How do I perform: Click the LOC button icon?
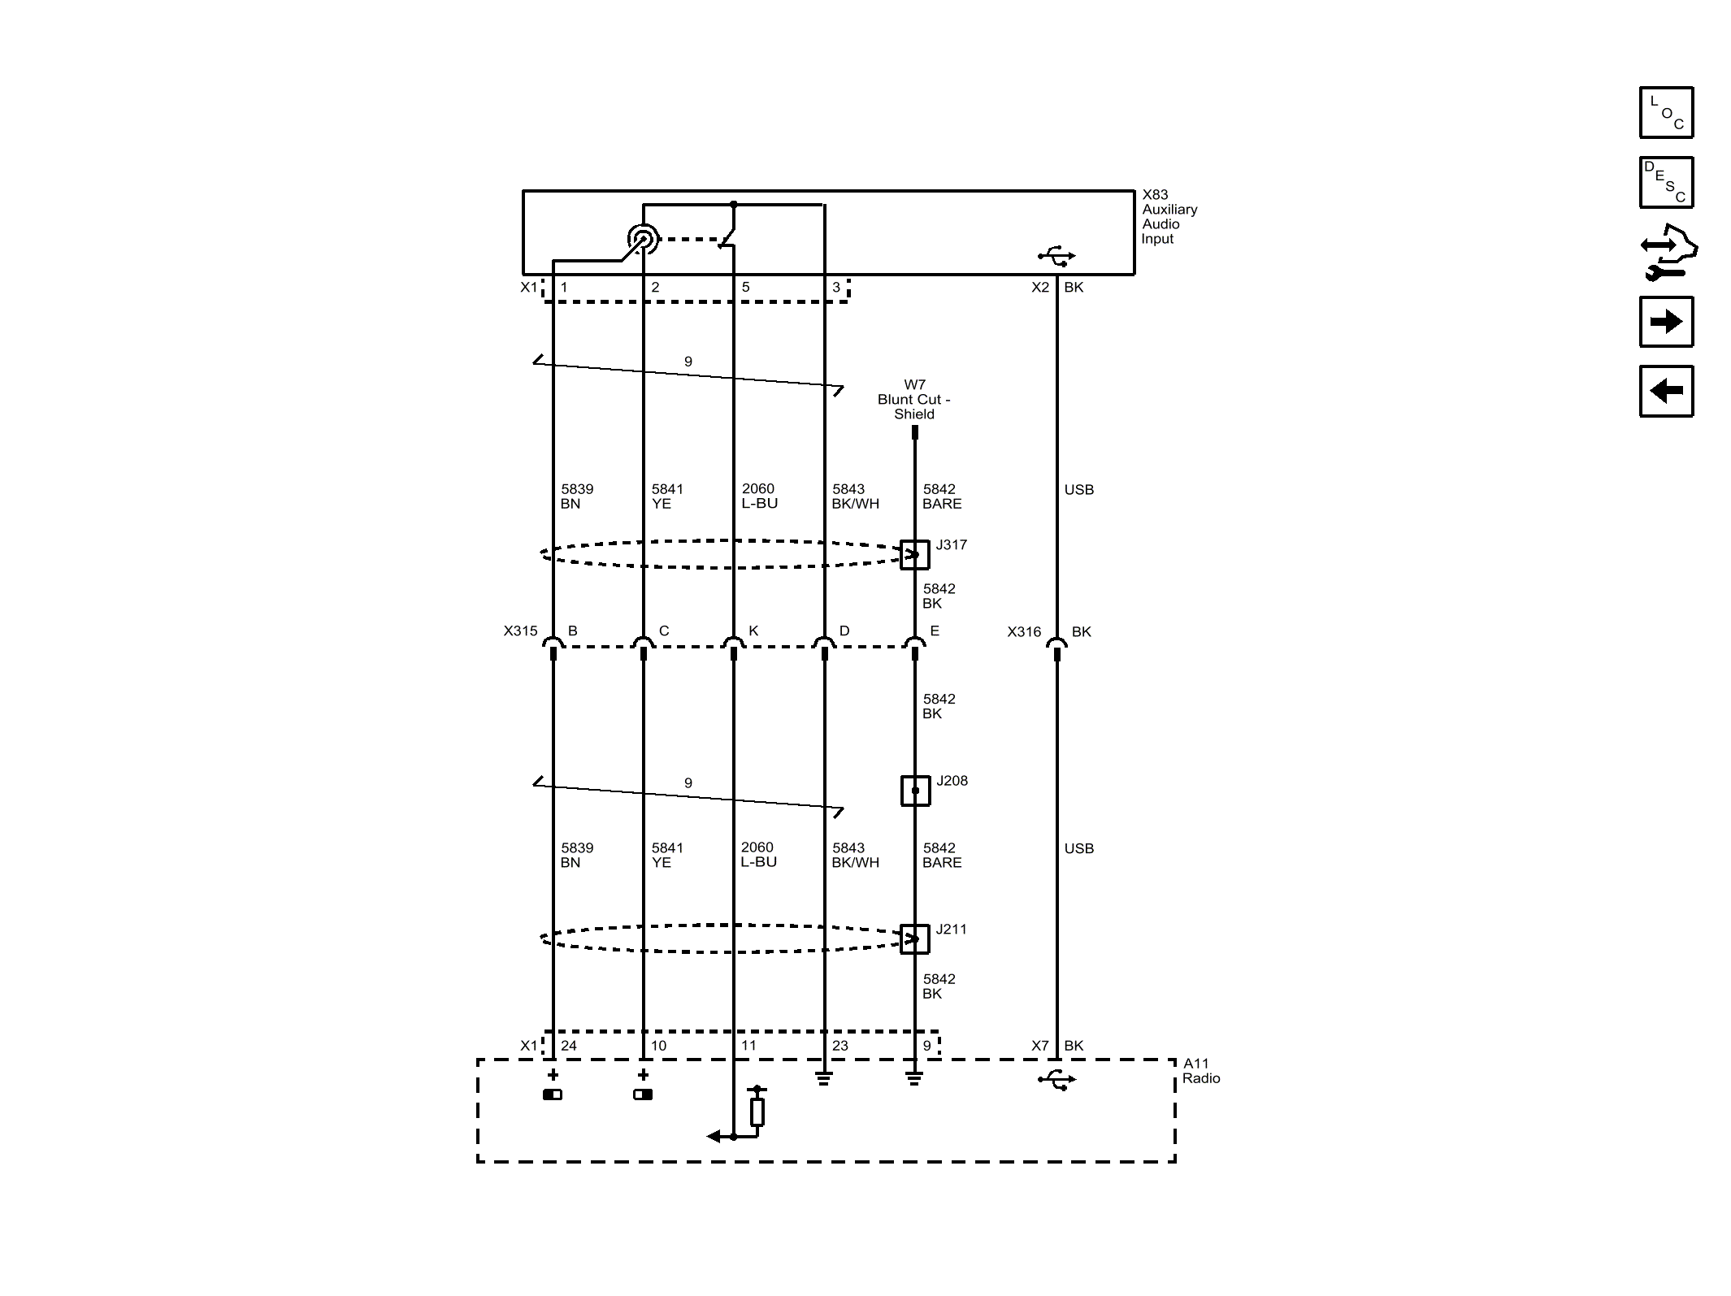point(1666,112)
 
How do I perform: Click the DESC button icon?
point(1666,182)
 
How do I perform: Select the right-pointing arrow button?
point(1666,322)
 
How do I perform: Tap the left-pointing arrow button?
point(1666,391)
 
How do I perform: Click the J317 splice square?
point(915,555)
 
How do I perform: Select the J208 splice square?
point(915,791)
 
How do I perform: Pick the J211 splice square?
point(915,939)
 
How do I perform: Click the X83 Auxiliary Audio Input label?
point(1169,217)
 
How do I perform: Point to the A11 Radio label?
point(1201,1071)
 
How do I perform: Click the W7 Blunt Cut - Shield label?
point(914,400)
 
